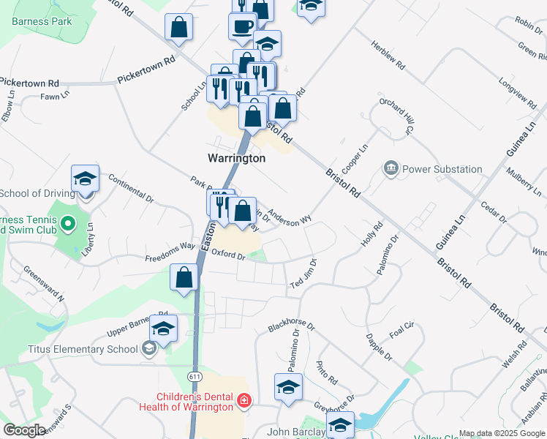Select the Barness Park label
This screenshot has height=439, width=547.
[x=42, y=21]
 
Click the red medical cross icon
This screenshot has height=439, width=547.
[x=244, y=401]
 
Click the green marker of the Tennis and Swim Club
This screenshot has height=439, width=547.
[x=67, y=223]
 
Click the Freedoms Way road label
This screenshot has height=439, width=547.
[x=170, y=251]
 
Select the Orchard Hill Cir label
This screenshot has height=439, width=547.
[x=394, y=116]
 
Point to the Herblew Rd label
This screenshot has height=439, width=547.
[x=388, y=55]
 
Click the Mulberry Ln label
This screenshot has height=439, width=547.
[x=524, y=179]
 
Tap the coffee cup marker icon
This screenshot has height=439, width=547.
[x=242, y=26]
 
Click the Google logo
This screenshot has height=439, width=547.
[x=25, y=430]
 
